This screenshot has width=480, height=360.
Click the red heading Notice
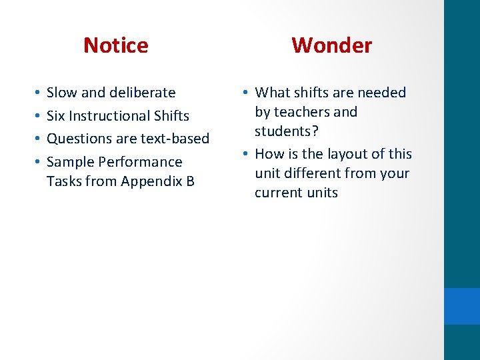coord(116,45)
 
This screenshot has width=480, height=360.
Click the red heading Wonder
coord(331,45)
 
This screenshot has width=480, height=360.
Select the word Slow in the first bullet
coord(62,93)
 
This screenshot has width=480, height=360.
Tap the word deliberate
coord(143,93)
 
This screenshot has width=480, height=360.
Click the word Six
coord(55,116)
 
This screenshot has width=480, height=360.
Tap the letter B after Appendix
coord(190,181)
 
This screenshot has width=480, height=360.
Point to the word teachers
coord(304,112)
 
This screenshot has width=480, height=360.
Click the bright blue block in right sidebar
coord(462,306)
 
